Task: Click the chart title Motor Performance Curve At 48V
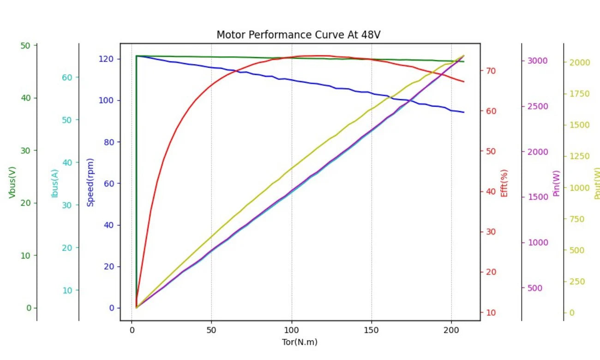point(299,35)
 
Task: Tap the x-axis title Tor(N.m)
point(300,342)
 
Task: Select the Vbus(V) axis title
point(12,182)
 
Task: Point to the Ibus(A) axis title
point(54,184)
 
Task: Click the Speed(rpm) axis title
point(90,182)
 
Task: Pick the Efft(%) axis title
point(504,183)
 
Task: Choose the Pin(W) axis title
point(556,184)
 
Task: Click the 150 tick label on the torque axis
point(371,330)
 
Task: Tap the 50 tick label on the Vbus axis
point(25,46)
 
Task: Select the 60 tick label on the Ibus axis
point(67,78)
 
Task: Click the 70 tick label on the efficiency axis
point(491,71)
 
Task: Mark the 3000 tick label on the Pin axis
point(538,61)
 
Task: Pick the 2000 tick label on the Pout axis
point(580,62)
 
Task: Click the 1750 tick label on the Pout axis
point(580,94)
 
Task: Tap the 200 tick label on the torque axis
point(451,330)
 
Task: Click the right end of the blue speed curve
point(464,112)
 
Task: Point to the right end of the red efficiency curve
point(464,82)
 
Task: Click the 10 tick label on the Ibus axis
point(67,290)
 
